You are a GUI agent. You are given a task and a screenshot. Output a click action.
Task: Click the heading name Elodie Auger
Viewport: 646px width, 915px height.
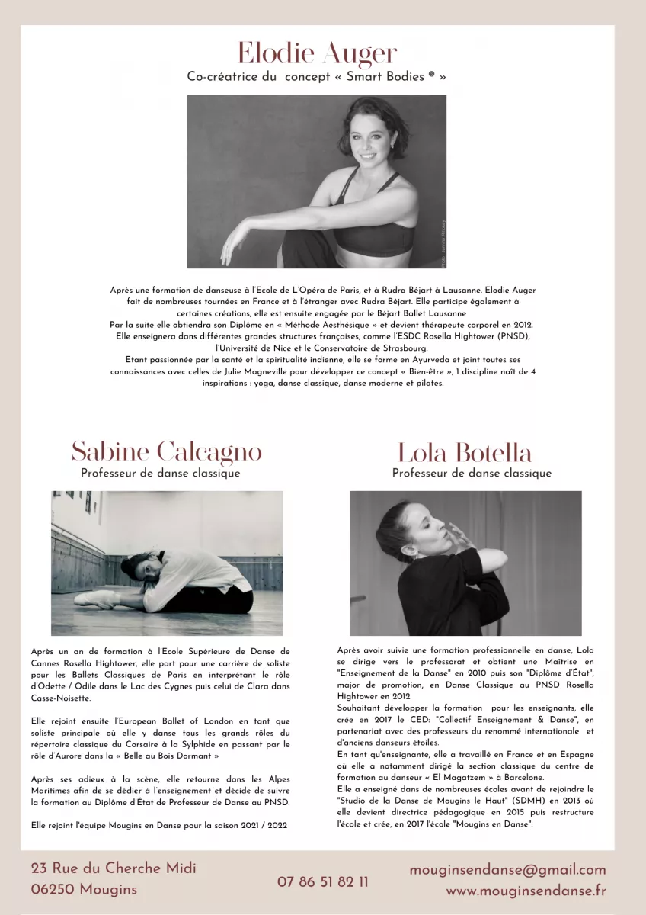point(317,53)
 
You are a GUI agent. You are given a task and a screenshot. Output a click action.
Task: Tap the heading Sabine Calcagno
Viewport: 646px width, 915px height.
point(167,451)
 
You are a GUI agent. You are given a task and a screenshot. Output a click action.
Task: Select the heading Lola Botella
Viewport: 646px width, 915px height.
point(465,453)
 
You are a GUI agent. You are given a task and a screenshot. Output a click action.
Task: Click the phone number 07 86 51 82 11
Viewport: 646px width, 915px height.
point(323,881)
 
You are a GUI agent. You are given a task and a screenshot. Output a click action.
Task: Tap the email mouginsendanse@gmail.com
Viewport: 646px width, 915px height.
point(507,870)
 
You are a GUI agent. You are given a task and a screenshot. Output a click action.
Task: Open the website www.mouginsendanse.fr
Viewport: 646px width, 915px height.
point(526,890)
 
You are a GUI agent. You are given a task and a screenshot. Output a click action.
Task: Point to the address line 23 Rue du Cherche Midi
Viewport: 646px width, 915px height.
point(114,868)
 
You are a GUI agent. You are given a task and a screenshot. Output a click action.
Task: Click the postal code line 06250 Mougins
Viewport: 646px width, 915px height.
point(85,889)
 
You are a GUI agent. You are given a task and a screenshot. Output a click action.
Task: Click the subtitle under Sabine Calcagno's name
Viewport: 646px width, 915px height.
point(160,474)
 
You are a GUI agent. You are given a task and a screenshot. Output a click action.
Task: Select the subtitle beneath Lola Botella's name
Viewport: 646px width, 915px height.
point(472,474)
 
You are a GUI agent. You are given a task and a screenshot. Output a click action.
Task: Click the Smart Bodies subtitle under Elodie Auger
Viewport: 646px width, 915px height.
point(316,77)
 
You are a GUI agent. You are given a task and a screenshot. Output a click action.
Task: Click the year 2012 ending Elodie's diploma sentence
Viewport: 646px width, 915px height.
point(523,325)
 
